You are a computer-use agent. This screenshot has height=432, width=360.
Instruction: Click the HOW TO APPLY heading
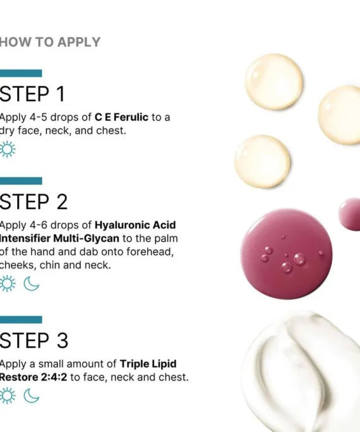point(50,42)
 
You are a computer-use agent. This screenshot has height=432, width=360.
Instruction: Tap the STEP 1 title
point(32,94)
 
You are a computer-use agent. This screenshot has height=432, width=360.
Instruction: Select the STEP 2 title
point(33,201)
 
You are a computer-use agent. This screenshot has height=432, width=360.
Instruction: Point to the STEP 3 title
point(33,340)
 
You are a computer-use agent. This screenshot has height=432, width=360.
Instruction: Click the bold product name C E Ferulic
point(121,117)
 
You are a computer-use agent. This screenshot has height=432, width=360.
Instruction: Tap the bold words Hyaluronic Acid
point(135,225)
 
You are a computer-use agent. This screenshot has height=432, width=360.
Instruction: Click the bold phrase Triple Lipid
point(148,364)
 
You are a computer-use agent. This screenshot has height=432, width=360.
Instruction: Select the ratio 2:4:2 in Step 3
point(54,377)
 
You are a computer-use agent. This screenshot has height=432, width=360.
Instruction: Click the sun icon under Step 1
point(8,149)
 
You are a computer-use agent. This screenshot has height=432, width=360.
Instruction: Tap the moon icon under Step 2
point(31,284)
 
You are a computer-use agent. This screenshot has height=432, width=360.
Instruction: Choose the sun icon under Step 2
point(8,284)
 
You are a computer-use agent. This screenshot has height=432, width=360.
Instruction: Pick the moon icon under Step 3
point(31,396)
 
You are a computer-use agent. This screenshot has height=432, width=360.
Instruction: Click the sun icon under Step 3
point(8,395)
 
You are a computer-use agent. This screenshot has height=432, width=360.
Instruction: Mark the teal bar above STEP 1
point(21,73)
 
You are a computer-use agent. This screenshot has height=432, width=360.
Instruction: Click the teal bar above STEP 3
point(21,320)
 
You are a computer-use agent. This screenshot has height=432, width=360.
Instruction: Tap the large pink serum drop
point(286,254)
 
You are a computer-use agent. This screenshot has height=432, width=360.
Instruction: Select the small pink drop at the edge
point(350,214)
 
